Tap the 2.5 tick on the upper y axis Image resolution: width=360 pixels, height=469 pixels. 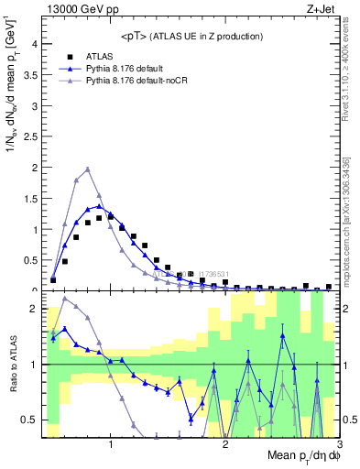30,137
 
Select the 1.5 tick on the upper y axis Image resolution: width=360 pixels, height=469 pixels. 30,199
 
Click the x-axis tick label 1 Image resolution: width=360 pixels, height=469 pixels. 111,445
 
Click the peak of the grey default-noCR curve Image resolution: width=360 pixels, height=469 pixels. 87,169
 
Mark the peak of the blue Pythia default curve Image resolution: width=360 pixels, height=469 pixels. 99,206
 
